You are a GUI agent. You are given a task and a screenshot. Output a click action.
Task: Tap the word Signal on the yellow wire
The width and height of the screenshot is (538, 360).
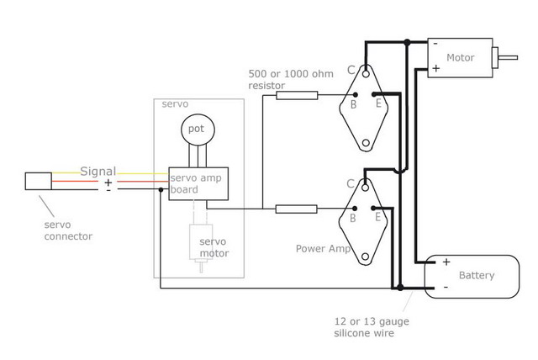(x=98, y=172)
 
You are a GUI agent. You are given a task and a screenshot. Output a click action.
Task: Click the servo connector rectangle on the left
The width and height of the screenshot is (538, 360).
(x=38, y=181)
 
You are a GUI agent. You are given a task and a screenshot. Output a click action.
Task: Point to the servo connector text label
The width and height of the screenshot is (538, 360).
(x=67, y=230)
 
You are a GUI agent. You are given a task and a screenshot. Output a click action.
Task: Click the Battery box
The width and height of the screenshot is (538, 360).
(x=476, y=276)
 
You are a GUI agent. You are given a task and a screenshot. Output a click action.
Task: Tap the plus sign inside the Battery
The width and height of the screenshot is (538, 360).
(x=446, y=262)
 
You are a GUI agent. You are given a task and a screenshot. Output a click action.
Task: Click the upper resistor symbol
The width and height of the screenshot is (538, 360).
(x=296, y=97)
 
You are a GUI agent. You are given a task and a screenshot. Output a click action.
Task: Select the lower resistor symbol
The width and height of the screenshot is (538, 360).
(x=296, y=209)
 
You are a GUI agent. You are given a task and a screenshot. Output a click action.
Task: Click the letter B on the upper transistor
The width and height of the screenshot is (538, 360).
(x=353, y=105)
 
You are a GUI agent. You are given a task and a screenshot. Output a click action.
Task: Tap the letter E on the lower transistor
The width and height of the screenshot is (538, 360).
(x=378, y=217)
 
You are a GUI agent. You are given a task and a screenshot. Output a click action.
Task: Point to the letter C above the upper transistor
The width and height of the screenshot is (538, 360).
(x=351, y=71)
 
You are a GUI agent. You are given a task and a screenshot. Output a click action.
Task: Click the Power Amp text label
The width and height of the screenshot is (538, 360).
(x=323, y=249)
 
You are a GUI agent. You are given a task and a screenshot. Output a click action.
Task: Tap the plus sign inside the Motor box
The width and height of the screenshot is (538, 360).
(x=435, y=68)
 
